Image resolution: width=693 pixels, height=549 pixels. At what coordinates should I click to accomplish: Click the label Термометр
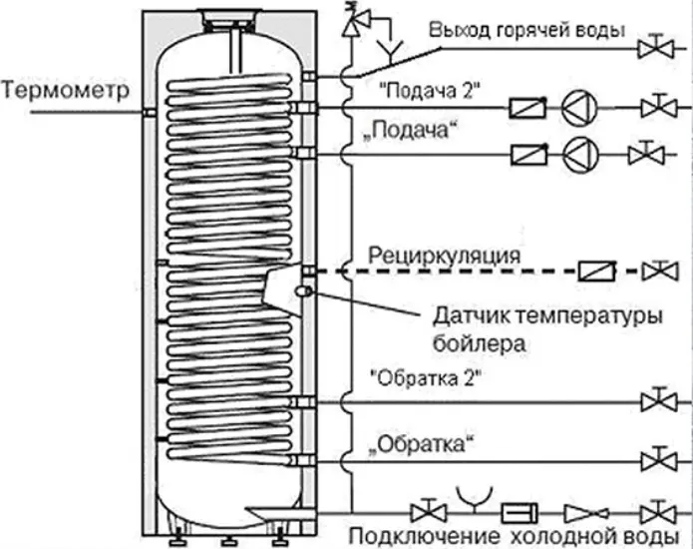point(66,90)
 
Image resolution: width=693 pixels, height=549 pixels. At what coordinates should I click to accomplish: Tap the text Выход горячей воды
point(526,31)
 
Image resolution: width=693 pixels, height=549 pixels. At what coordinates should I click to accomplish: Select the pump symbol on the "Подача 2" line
point(579,108)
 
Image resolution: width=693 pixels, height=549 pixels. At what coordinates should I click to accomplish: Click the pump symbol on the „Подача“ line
point(580,155)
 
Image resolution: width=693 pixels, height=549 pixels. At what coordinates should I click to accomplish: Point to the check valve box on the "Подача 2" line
point(527,108)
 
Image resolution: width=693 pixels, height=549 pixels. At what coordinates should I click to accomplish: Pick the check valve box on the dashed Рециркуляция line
point(597,271)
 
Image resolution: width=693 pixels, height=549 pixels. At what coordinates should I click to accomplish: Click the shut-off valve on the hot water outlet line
point(655,48)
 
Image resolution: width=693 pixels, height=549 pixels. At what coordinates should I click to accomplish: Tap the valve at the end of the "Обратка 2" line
point(659,401)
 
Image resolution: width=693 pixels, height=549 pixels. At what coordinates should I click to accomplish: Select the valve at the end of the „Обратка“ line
point(659,461)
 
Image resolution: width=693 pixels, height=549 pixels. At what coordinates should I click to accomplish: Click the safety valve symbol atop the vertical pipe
point(355,21)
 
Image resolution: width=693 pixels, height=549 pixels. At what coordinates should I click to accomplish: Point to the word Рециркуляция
point(444,257)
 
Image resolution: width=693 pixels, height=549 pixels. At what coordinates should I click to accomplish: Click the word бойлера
point(479,343)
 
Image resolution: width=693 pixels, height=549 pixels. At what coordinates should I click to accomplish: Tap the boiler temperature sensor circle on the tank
point(304,290)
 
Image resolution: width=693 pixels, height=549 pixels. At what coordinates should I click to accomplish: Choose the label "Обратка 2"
point(425,378)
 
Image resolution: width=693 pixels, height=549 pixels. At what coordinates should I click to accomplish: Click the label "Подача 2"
point(430,91)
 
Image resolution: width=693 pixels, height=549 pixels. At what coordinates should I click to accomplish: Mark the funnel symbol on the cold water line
point(475,499)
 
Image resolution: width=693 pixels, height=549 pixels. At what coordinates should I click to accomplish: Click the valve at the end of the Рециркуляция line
point(660,271)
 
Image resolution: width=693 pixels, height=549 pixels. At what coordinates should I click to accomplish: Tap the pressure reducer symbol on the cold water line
point(586,514)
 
